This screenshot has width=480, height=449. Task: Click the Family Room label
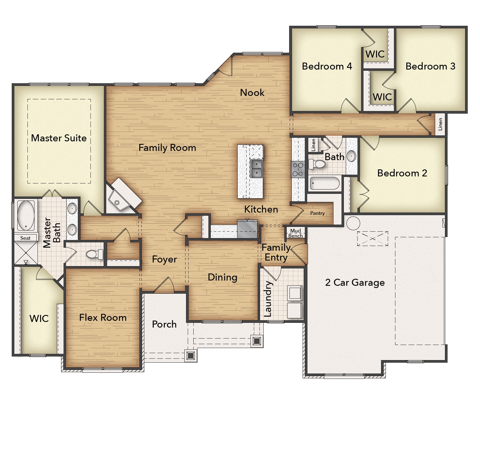(x=167, y=148)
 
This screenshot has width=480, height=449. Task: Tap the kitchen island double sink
(x=256, y=169)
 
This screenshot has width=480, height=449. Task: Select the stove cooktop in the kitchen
(x=298, y=169)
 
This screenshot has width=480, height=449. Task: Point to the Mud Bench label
(x=296, y=233)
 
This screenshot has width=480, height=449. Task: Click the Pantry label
(x=317, y=213)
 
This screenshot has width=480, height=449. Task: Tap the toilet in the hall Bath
(x=317, y=164)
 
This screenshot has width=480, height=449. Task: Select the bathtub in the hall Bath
(x=325, y=184)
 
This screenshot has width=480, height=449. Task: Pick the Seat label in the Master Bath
(x=25, y=238)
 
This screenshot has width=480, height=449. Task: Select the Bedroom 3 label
(x=430, y=66)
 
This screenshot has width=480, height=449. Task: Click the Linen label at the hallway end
(x=440, y=124)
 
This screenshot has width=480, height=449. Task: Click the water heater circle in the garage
(x=353, y=223)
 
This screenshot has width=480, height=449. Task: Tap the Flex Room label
(x=103, y=317)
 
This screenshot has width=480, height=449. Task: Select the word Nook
(x=252, y=93)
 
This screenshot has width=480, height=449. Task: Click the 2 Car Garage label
(x=355, y=282)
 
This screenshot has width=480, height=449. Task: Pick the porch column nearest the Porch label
(x=191, y=356)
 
